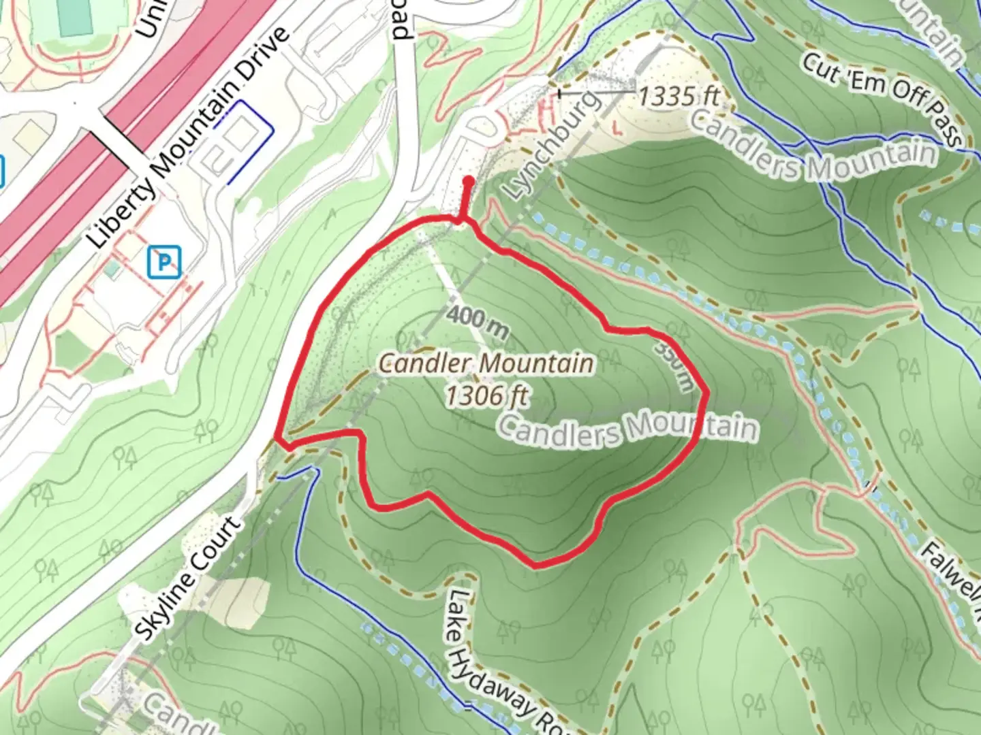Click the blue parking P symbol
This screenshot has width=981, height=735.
coord(164,261)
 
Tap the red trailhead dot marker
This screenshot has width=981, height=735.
coord(469,182)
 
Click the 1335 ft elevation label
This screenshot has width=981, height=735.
coord(678,97)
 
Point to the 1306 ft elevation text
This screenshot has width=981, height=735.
coord(486,395)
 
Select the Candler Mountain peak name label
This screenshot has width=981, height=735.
coord(486,363)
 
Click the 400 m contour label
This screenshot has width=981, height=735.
coord(479,322)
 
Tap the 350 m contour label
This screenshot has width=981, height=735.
coord(674,366)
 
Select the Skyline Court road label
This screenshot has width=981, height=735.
coord(188,578)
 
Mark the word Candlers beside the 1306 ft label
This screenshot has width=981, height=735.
coord(559,430)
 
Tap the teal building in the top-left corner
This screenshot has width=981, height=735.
coord(74,17)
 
